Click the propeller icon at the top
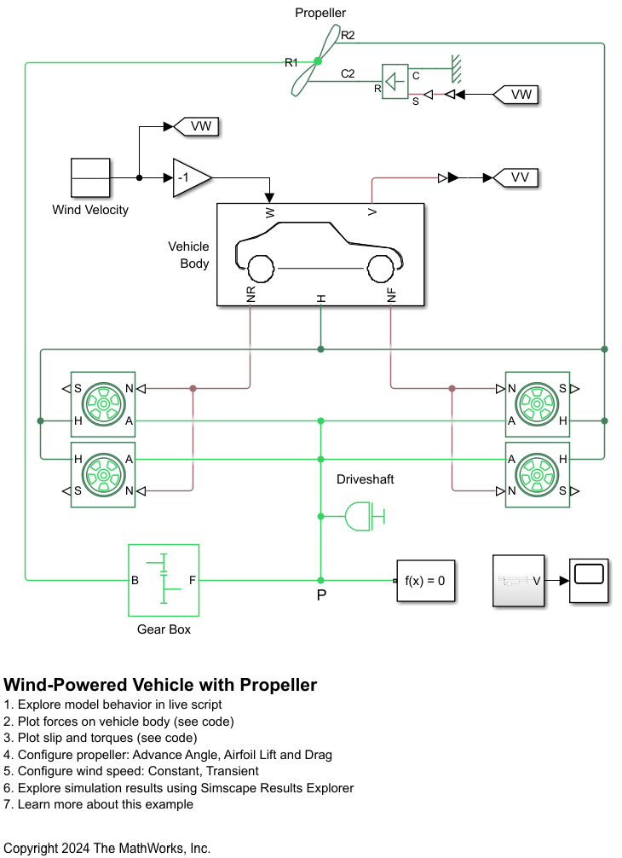[x=317, y=61]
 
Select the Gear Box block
[x=164, y=580]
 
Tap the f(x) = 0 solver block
[x=425, y=581]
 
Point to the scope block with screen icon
[x=590, y=581]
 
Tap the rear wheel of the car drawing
[x=259, y=269]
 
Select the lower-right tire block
[x=537, y=474]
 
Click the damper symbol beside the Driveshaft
[x=365, y=516]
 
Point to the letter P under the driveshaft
[x=321, y=595]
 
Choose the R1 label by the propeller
[x=291, y=62]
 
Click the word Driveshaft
[x=366, y=479]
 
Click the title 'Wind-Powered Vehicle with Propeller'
[x=160, y=685]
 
